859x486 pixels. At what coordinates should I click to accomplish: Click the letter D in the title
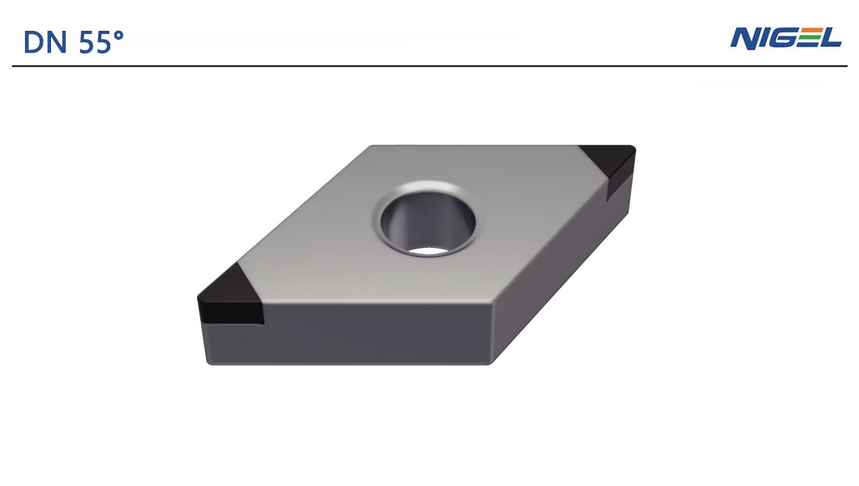click(x=32, y=42)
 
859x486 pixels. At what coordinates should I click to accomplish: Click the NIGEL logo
click(x=785, y=38)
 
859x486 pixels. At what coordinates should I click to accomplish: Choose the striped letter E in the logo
click(x=808, y=38)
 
